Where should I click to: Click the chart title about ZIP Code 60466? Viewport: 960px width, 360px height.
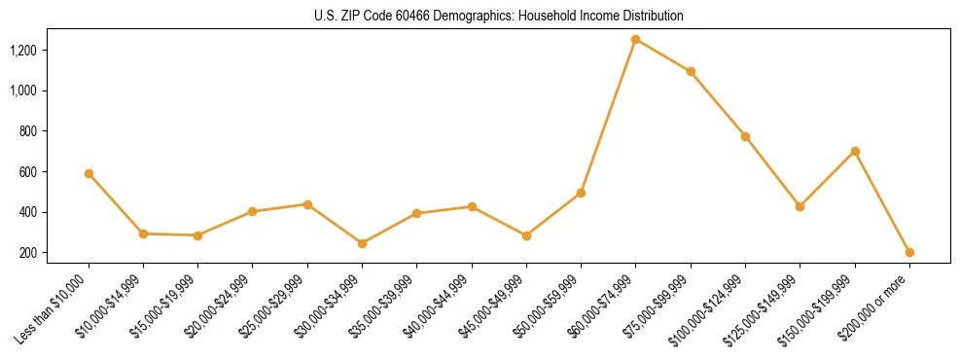[499, 16]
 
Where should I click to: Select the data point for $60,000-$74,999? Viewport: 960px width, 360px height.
[635, 39]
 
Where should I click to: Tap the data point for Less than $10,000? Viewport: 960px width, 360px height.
[89, 173]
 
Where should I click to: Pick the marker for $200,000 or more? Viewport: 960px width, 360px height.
[909, 252]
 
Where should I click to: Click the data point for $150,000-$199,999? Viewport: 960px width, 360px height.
[855, 151]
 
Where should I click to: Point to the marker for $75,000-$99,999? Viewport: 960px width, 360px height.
[691, 71]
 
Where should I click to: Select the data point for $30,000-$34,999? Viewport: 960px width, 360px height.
[362, 243]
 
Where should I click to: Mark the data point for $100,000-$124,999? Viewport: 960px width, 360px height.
[745, 136]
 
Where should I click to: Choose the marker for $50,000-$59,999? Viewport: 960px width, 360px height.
[581, 193]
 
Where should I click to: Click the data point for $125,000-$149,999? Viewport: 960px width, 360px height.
[800, 206]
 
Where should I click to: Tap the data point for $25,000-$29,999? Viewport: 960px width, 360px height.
[307, 204]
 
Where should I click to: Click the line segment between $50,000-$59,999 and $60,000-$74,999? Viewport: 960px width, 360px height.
[608, 116]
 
